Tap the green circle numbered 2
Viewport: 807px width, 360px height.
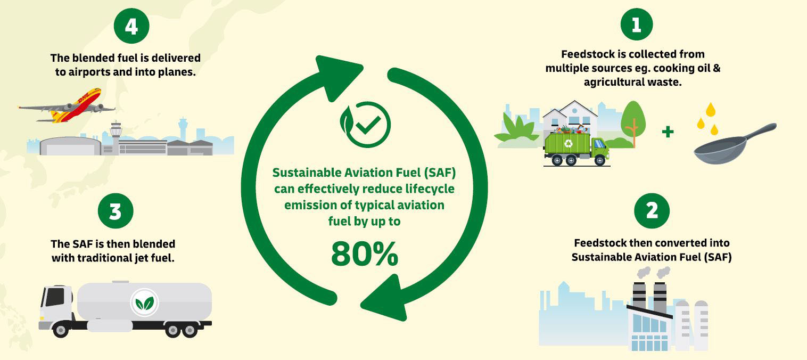tap(652, 211)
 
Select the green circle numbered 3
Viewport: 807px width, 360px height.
tap(115, 211)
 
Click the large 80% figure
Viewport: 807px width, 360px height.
tap(365, 254)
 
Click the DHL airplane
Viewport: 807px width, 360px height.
tap(69, 107)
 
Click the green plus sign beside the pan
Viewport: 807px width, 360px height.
tap(668, 132)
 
